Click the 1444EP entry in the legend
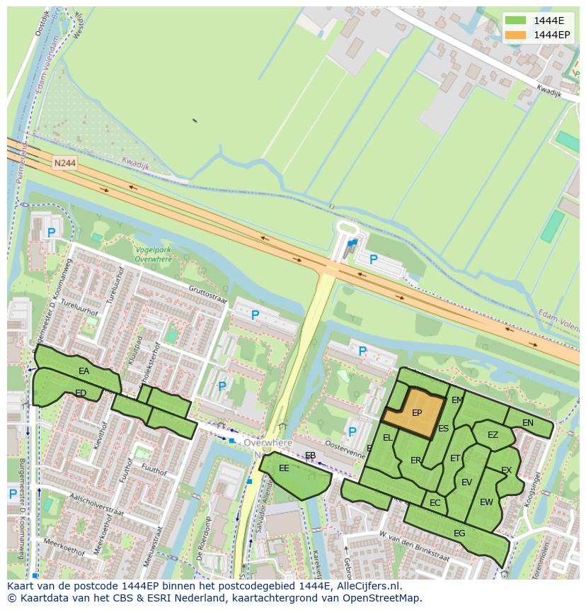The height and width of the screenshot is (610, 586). tap(551, 35)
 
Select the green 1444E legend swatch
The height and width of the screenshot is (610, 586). tap(515, 20)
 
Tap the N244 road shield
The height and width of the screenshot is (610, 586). tap(64, 163)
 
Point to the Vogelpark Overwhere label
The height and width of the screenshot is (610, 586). tap(153, 255)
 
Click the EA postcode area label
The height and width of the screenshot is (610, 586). tap(84, 371)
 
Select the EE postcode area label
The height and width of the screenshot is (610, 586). tap(284, 468)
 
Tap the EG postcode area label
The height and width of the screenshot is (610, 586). tap(459, 533)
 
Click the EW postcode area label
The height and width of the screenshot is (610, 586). tap(486, 502)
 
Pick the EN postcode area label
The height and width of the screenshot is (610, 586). tap(528, 423)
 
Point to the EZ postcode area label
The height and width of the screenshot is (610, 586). tap(493, 435)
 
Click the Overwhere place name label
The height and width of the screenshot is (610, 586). tap(268, 443)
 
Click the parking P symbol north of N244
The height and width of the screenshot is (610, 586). tap(374, 260)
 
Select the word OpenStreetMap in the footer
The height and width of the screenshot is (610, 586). tap(383, 598)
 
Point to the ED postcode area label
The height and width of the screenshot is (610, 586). tap(81, 393)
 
